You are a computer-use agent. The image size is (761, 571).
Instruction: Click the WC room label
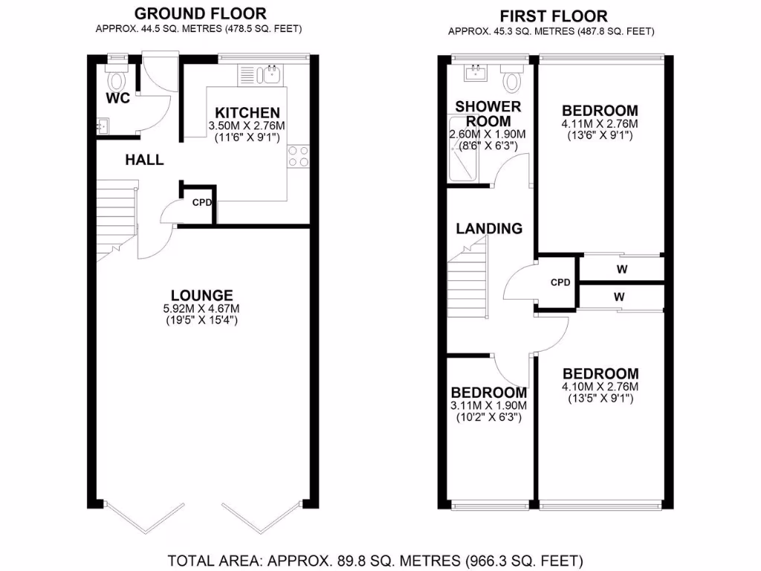pos(117,99)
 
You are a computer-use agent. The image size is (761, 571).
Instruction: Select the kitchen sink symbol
pos(269,74)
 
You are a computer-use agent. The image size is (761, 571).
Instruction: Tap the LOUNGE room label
pos(201,295)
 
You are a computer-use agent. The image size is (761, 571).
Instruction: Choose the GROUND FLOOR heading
pos(201,13)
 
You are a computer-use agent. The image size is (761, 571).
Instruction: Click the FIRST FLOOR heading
pos(553,16)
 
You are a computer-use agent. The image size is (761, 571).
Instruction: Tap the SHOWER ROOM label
pos(488,114)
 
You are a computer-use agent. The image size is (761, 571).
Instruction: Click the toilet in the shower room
pos(512,77)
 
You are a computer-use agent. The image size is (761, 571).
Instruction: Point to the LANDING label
pos(488,228)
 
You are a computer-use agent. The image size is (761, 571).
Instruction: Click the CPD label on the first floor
pos(560,283)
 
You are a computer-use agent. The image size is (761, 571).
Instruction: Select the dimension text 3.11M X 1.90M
pos(488,406)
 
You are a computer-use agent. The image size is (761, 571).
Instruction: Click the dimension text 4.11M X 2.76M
pos(600,124)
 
